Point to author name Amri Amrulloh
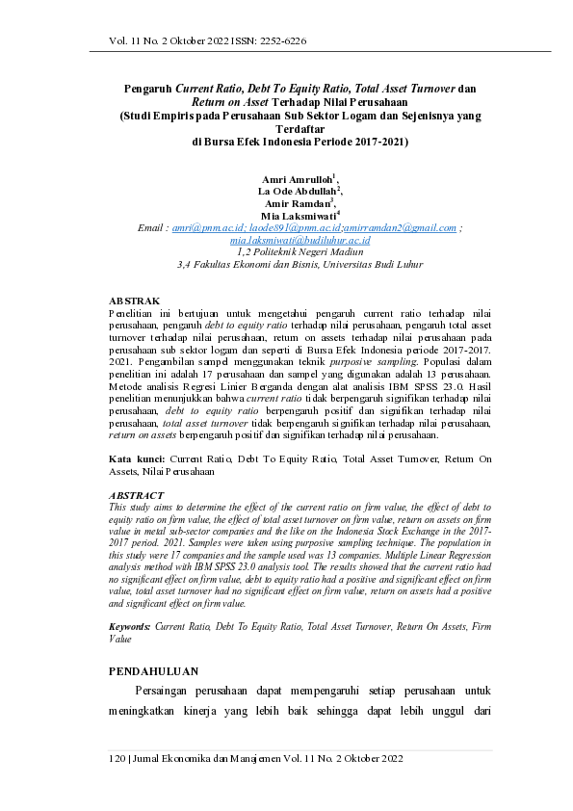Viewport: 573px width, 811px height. coord(298,179)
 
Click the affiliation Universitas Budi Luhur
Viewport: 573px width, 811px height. coord(371,262)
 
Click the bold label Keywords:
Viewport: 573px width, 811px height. coord(130,626)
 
